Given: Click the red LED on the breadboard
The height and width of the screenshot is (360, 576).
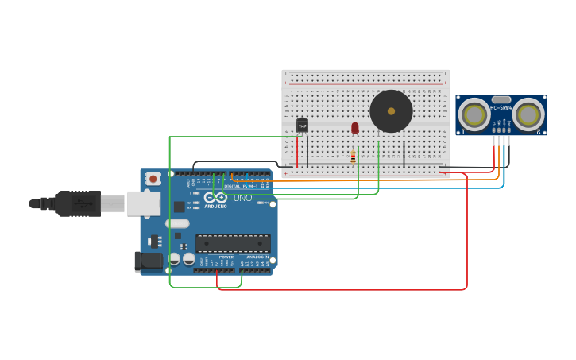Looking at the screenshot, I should tap(355, 127).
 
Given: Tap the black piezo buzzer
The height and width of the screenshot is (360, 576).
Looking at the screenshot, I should tap(391, 111).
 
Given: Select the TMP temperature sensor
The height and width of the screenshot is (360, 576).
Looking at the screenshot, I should tap(302, 125).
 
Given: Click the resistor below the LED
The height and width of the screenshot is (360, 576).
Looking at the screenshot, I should tap(353, 157).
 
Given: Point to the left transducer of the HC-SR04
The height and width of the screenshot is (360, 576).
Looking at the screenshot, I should tap(474, 115).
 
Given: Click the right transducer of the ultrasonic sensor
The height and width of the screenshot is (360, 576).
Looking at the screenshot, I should tap(528, 115).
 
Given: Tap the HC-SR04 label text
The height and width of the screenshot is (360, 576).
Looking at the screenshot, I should tap(501, 107).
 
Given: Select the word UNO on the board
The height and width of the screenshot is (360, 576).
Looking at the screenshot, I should tap(242, 197).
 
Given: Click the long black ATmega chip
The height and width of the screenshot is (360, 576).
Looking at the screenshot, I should tap(233, 243).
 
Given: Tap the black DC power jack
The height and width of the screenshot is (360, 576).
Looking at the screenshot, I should tap(148, 261).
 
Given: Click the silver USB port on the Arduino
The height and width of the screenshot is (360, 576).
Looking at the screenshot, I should tap(144, 203).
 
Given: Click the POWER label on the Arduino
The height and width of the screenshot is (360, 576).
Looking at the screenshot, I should tap(226, 257).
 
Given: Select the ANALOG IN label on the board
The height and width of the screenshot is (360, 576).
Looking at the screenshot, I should tap(256, 257).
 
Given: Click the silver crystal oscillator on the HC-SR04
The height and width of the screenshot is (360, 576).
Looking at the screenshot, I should tap(501, 99).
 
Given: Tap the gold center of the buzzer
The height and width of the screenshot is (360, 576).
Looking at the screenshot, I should tap(391, 111).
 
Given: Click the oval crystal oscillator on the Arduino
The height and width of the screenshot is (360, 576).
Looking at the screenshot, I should tap(177, 223).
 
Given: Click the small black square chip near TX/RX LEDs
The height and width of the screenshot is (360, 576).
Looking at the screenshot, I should tap(180, 207).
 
